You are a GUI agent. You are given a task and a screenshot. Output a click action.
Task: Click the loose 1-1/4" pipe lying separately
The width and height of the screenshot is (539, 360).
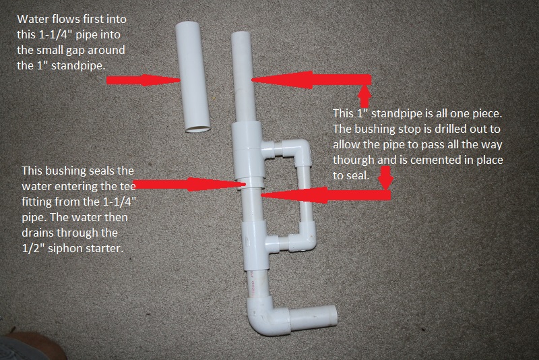(193, 77)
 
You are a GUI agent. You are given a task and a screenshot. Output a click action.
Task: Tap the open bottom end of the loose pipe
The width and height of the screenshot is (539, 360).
(198, 129)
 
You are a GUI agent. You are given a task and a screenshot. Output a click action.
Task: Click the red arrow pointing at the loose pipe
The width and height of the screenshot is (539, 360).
(144, 80)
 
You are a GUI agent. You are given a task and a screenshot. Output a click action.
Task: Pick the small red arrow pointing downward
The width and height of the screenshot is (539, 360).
(386, 178)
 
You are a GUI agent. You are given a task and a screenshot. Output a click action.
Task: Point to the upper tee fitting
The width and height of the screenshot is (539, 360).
(248, 150)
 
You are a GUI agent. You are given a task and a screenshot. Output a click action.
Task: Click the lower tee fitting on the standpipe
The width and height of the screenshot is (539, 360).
(256, 245)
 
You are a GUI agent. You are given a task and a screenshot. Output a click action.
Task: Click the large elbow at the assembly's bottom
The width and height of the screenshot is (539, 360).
(267, 316)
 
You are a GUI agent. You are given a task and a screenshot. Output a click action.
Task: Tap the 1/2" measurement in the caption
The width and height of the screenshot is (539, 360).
(33, 247)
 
